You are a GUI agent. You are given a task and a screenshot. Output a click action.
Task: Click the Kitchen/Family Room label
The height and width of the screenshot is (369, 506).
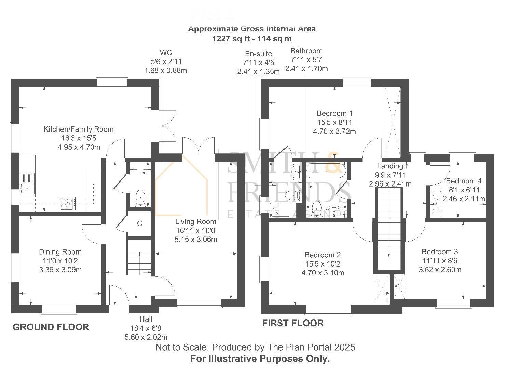tap(78, 129)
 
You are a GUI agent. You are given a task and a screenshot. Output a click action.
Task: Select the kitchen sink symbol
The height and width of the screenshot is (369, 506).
tap(27, 183)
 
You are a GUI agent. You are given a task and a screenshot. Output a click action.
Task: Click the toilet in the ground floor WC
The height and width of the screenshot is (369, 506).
tap(140, 198)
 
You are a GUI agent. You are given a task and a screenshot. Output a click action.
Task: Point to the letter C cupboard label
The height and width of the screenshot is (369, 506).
tap(139, 224)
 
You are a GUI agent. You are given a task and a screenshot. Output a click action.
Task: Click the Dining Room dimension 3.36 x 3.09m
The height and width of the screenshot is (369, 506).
tap(60, 270)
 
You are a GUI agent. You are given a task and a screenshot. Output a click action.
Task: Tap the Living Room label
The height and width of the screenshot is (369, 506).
tap(195, 221)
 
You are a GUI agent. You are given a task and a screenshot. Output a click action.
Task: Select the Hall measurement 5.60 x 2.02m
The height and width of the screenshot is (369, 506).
tap(146, 337)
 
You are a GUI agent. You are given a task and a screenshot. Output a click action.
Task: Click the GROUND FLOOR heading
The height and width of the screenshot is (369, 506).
tap(51, 327)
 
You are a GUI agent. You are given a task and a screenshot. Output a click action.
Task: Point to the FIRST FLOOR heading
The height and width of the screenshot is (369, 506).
tap(293, 323)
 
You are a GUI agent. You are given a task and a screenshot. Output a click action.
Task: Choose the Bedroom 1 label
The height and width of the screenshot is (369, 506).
tap(334, 113)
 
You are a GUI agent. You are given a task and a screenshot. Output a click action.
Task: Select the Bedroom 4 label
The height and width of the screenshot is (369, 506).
tap(464, 181)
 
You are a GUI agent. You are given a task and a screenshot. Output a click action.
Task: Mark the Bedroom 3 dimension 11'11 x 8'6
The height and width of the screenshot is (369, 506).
tap(440, 261)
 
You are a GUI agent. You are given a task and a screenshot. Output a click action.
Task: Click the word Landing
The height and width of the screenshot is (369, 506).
tap(390, 166)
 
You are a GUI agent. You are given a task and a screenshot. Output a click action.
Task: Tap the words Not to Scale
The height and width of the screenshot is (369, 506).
tap(181, 347)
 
